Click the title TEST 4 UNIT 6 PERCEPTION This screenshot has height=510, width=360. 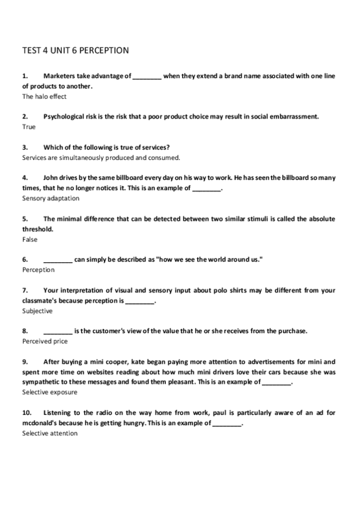tap(75, 51)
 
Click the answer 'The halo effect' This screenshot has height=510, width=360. tap(44, 96)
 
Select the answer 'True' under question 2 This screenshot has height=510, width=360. tap(29, 127)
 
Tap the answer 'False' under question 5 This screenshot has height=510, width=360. tap(29, 239)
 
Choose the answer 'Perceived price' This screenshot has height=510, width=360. tap(44, 341)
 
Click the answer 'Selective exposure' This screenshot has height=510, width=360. tap(49, 392)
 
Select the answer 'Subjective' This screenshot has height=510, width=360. tap(37, 311)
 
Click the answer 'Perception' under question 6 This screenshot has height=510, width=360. tap(38, 270)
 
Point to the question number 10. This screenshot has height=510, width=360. tap(26, 413)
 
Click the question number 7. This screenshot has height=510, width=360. tap(25, 290)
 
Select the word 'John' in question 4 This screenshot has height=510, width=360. tap(52, 178)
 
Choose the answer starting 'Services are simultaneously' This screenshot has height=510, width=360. tap(101, 158)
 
